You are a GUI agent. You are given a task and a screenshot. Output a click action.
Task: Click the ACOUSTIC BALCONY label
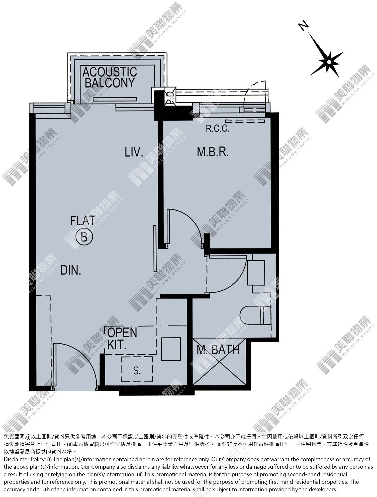(110, 77)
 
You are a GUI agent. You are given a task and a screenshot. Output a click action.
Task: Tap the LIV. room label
(134, 152)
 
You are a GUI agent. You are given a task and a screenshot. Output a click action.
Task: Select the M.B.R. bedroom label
(213, 152)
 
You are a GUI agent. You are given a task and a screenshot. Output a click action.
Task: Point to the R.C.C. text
(218, 129)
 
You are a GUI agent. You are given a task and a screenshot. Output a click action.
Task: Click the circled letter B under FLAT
(84, 236)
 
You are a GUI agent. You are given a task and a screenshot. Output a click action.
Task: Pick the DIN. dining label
(71, 271)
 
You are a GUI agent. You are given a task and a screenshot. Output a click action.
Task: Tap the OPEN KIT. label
(122, 339)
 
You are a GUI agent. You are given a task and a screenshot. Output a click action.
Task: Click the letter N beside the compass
(303, 26)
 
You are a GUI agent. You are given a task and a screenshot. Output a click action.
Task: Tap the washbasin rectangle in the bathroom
(256, 273)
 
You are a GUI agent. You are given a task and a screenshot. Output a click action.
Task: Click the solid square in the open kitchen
(171, 349)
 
